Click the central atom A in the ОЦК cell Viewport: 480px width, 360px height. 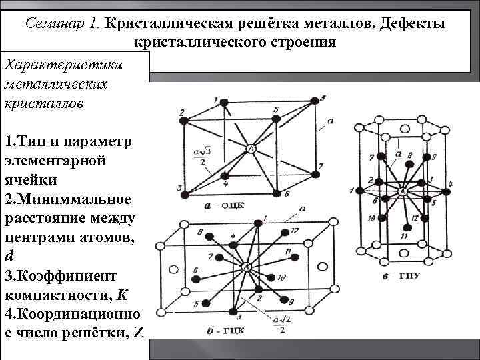tap(251, 149)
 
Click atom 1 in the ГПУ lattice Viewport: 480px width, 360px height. tap(361, 191)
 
